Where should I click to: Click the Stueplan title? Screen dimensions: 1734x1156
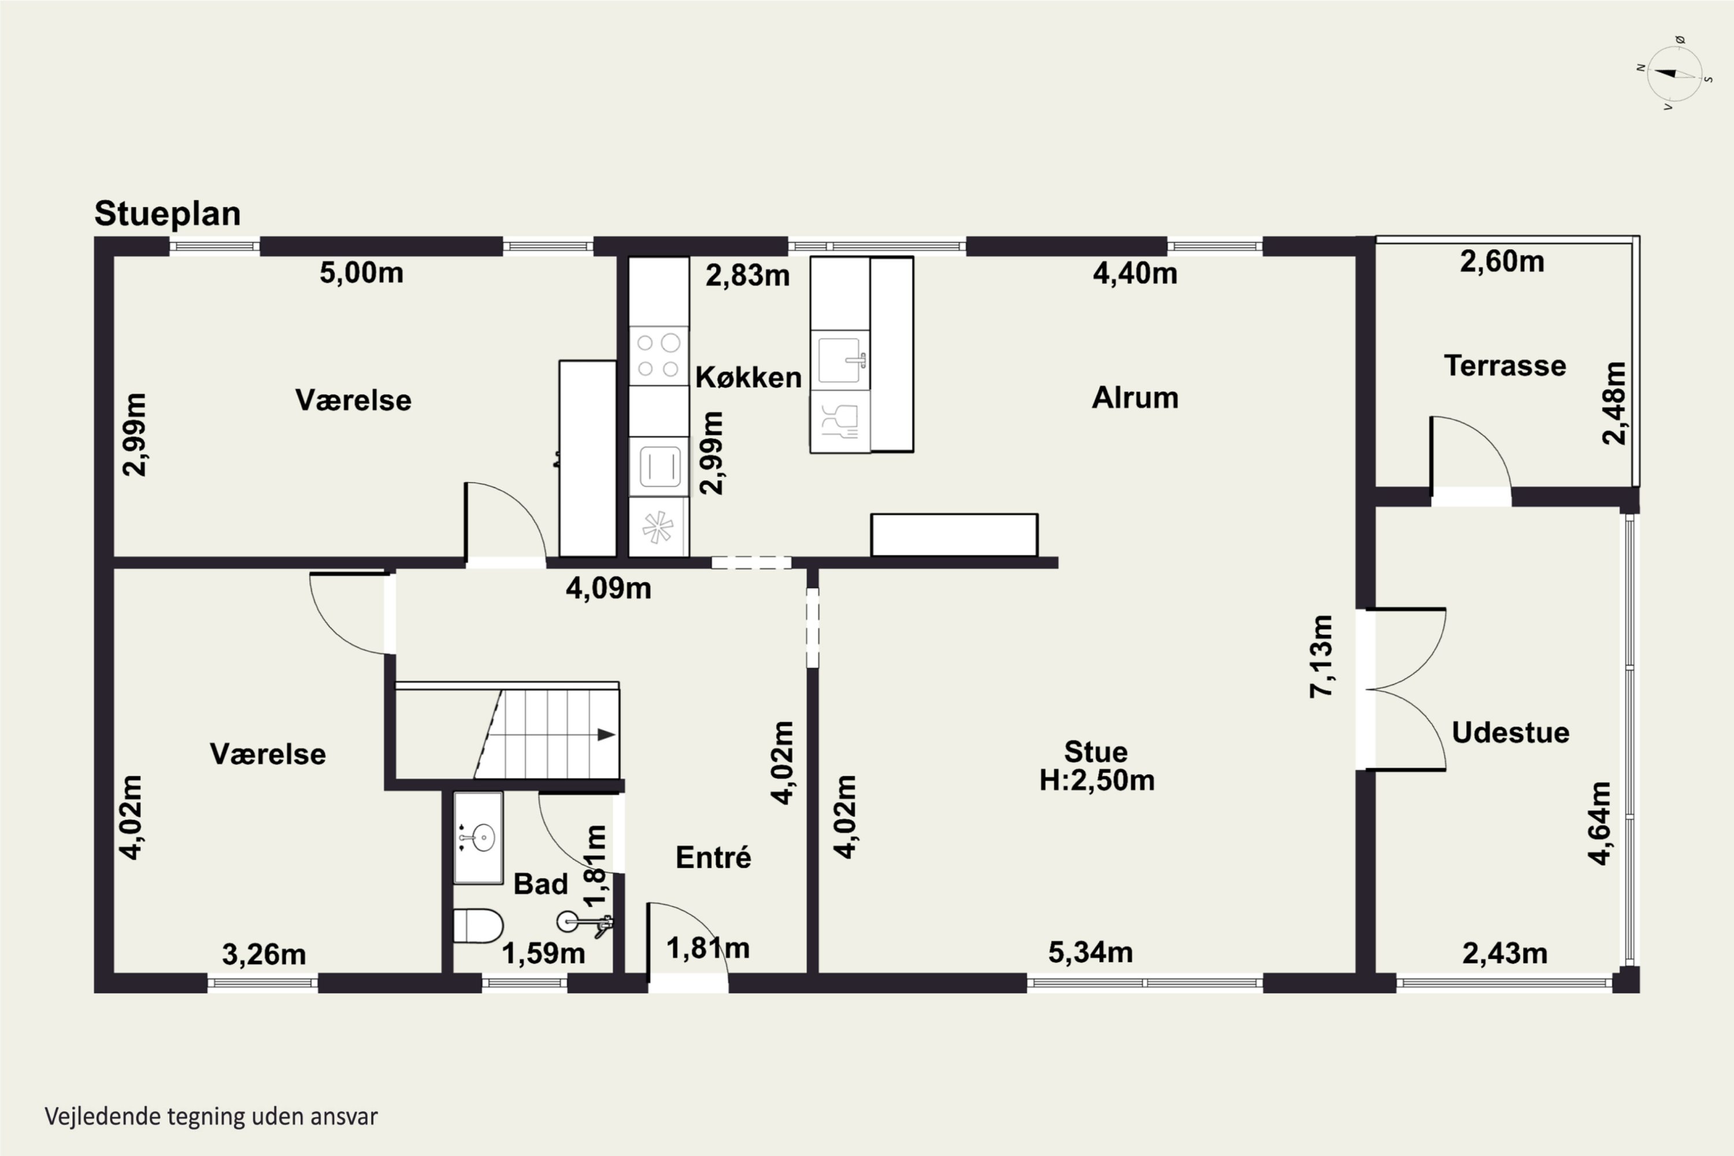pos(168,214)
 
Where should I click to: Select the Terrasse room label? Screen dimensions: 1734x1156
pos(1505,366)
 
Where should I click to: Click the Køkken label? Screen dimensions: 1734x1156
pos(749,377)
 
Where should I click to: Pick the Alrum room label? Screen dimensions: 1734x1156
pos(1135,398)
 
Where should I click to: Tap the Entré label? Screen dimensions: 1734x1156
pos(713,857)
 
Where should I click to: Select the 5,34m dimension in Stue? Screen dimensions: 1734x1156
pos(1090,953)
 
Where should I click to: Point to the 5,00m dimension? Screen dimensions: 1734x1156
pos(361,273)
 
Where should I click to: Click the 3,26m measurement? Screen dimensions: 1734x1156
pos(264,955)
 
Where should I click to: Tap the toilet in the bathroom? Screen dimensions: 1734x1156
pos(478,926)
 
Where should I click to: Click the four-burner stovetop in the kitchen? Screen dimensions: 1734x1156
pos(658,355)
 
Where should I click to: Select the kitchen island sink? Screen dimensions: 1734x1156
pos(840,360)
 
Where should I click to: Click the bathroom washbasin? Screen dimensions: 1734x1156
pos(479,838)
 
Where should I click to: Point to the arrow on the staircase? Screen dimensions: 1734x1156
pos(606,734)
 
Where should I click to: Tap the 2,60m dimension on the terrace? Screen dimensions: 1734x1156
pos(1502,262)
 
